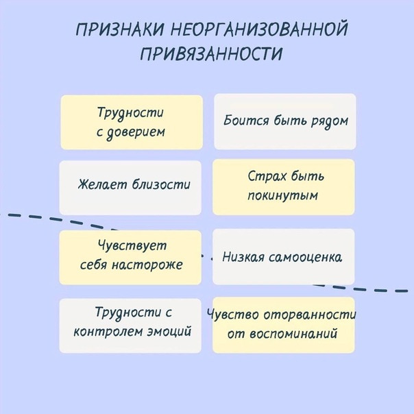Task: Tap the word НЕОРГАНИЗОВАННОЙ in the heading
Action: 259,29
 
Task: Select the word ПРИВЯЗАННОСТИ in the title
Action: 211,53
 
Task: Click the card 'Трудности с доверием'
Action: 132,122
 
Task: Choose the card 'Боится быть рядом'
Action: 285,121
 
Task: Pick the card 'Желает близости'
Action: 130,188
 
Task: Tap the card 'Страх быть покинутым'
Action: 284,187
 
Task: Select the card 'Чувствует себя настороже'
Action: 130,258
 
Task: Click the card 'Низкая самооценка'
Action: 284,256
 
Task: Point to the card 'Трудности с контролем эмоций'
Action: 130,326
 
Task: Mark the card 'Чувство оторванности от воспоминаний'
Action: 284,325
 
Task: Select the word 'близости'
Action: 161,184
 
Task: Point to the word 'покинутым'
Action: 283,196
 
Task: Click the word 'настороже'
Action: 147,265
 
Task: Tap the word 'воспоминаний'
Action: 293,334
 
